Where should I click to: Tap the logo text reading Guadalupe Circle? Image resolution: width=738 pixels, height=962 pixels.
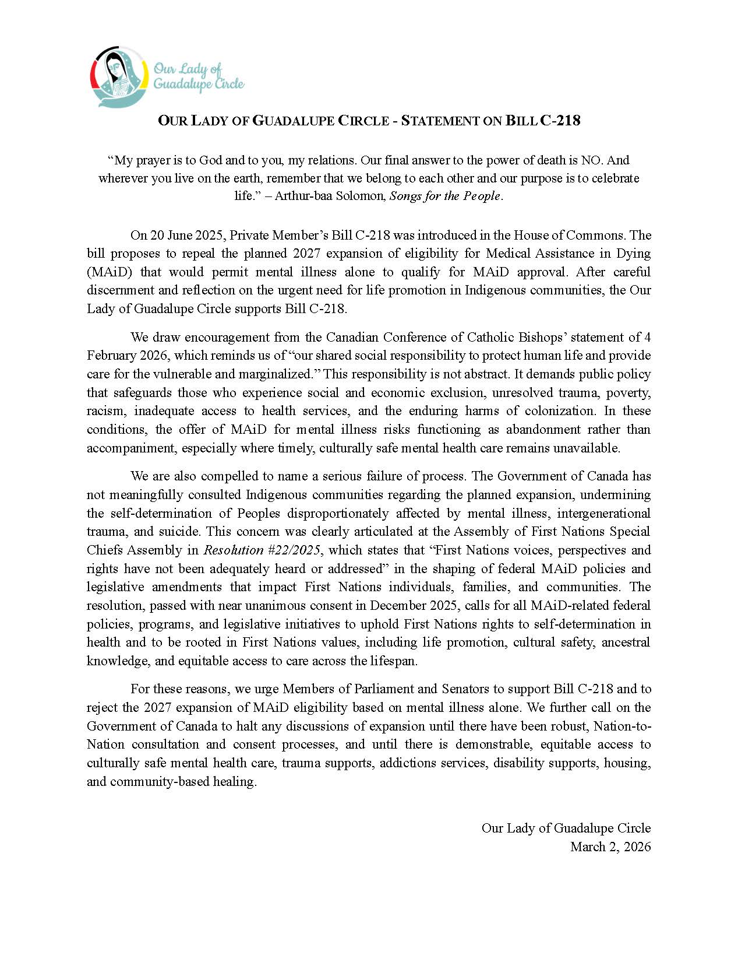[x=199, y=84]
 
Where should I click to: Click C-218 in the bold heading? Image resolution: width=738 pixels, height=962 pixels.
[x=560, y=121]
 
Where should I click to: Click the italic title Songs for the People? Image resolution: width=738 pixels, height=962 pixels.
[x=445, y=196]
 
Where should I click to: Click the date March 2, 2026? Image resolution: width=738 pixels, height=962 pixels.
[x=610, y=847]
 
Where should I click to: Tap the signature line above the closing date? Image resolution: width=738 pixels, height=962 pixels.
[x=566, y=828]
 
